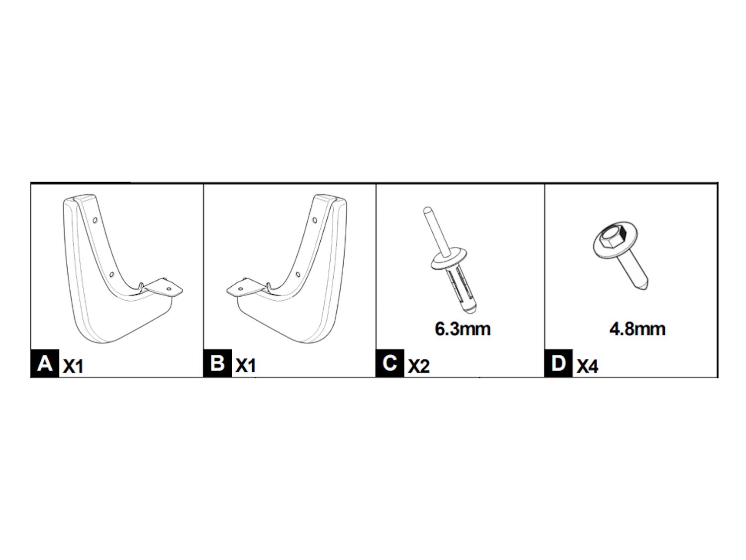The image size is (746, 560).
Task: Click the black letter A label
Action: [45, 364]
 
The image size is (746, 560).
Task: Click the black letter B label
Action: [217, 364]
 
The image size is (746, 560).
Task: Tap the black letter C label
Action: [390, 364]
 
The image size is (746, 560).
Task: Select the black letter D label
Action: [559, 364]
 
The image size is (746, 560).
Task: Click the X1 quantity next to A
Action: [73, 367]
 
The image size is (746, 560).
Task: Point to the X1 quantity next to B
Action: [245, 366]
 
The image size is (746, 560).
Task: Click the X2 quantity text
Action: [418, 367]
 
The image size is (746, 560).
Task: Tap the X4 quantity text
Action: [587, 367]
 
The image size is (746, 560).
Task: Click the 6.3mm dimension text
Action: [463, 329]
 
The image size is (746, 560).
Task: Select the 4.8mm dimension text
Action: [637, 329]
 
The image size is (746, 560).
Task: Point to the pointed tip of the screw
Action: [644, 286]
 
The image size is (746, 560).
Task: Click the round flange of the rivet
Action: [448, 259]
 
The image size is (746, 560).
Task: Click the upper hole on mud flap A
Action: [95, 219]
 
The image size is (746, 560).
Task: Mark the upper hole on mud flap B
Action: [315, 220]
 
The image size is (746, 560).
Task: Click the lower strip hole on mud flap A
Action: [112, 273]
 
